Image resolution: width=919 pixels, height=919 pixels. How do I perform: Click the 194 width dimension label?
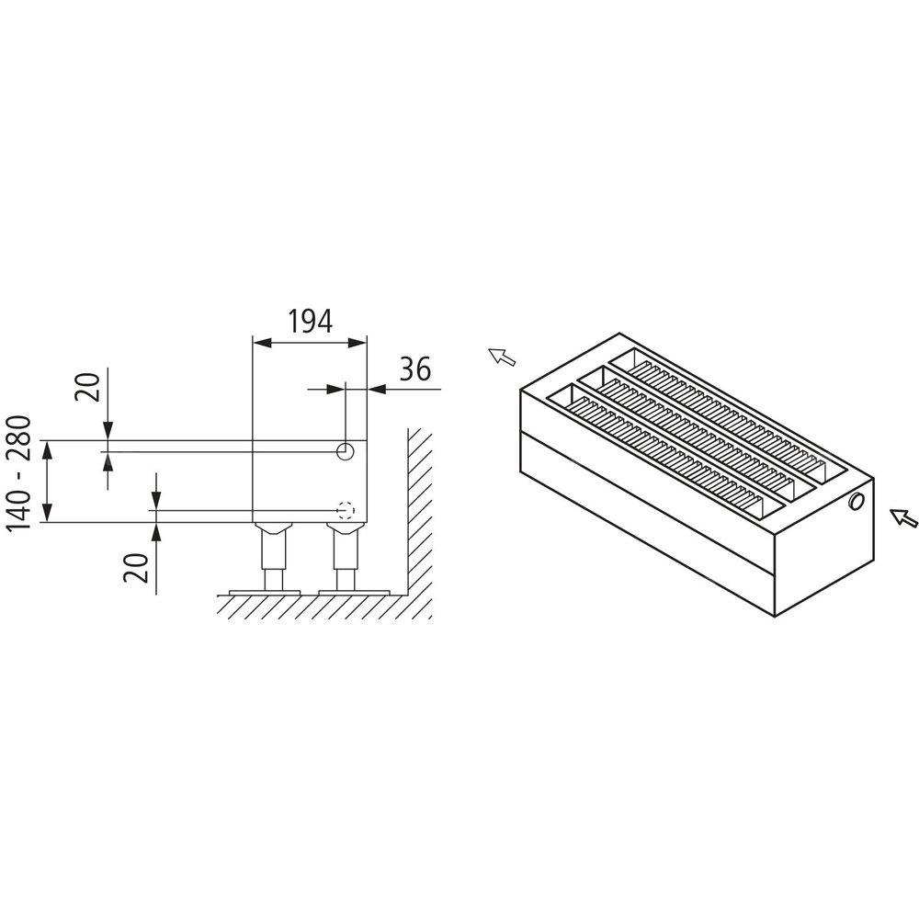coord(310,321)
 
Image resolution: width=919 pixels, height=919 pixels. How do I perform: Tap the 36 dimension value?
coord(415,369)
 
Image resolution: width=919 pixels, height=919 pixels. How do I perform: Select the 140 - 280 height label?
coord(17,473)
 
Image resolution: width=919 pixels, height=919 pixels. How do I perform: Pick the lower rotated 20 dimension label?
coord(135,567)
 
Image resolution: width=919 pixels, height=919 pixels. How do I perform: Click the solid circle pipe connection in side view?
coord(345,450)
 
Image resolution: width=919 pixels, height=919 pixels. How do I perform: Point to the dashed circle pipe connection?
coord(346,510)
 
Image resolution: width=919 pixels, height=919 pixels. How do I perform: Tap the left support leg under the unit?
coord(272,557)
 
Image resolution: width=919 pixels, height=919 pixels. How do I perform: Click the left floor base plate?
coord(265,593)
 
